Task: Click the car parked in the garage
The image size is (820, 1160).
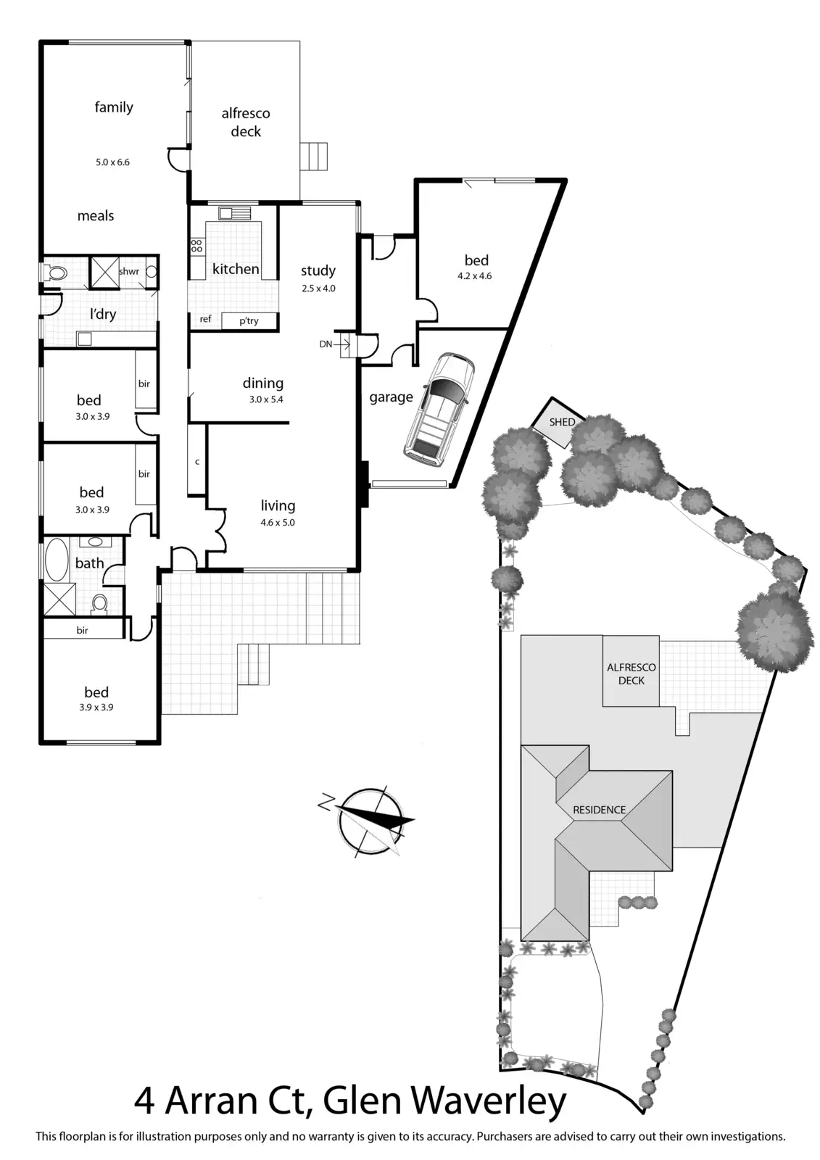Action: coord(439,407)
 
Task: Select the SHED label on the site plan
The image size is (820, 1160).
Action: coord(562,422)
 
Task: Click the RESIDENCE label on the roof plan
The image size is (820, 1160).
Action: coord(599,809)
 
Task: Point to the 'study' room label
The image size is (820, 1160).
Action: coord(318,270)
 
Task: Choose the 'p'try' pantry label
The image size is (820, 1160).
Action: coord(249,320)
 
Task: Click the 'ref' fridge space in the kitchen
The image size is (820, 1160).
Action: coord(205,319)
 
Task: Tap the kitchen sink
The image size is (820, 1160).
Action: coord(236,213)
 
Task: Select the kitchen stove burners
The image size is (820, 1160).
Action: coord(196,245)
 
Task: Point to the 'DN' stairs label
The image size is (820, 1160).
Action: coord(326,344)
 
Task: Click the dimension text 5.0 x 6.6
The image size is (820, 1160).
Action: coord(112,162)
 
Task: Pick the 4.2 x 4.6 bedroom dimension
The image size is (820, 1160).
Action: coord(475,275)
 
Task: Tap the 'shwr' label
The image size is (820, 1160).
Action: coord(128,271)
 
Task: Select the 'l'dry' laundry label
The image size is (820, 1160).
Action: coord(103,314)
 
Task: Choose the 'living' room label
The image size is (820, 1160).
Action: coord(278,505)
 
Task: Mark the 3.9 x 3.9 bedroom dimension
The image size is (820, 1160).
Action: coord(96,708)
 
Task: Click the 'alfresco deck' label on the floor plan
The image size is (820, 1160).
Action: coord(246,122)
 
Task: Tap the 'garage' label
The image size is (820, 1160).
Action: coord(391,397)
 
